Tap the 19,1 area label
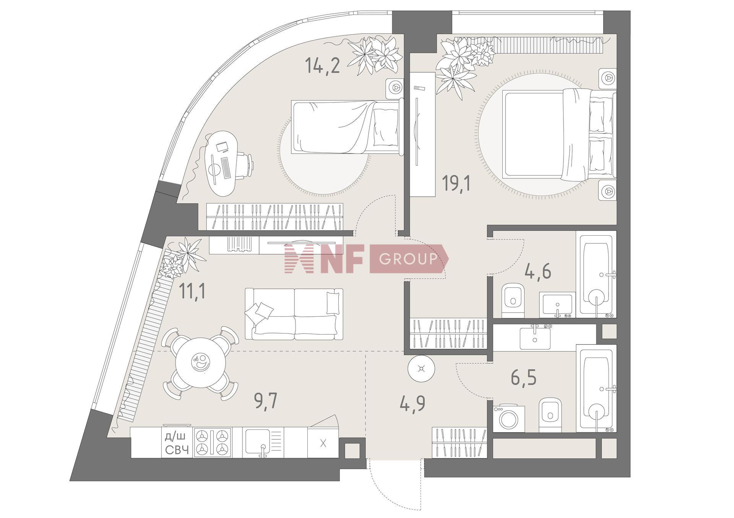(456, 183)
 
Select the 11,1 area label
(192, 291)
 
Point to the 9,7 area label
(265, 401)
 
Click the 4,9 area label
(412, 403)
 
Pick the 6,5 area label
(524, 377)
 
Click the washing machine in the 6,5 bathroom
(509, 419)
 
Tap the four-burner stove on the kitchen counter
(213, 442)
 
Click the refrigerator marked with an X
(323, 443)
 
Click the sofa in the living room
(294, 314)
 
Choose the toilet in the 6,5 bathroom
(550, 414)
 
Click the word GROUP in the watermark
(408, 259)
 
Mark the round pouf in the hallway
(421, 369)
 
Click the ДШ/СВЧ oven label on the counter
(177, 443)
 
